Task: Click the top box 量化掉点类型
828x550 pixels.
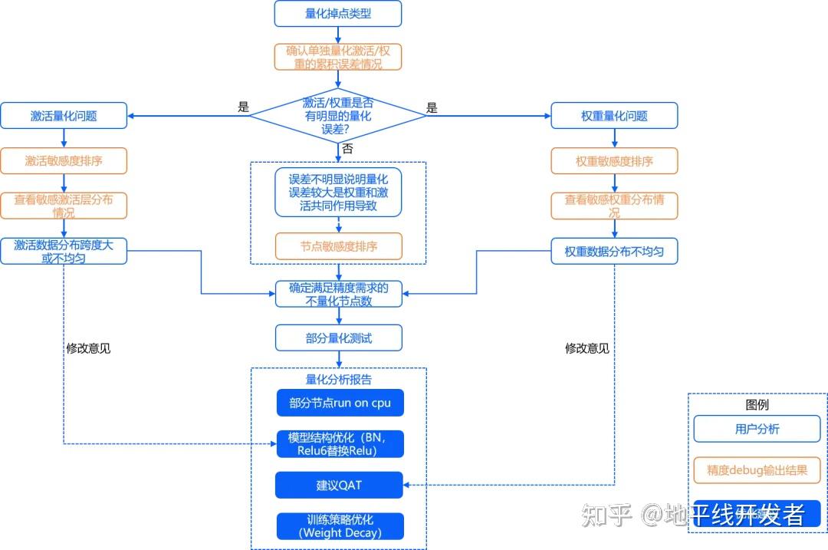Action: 338,13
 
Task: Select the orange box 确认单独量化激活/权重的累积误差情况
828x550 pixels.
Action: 338,57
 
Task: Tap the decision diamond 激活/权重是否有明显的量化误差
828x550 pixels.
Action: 338,115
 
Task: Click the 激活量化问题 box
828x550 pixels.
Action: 64,116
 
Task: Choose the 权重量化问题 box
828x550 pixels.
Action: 614,116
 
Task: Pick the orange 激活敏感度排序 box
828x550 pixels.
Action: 64,161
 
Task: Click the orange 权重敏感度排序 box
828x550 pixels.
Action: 614,161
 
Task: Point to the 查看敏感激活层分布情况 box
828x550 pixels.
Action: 64,206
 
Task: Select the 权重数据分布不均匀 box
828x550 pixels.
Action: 614,251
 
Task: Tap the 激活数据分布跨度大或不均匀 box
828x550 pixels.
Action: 64,251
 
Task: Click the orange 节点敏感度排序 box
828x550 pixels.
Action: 338,246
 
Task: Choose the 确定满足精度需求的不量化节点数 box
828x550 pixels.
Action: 338,294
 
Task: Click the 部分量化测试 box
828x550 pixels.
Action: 338,338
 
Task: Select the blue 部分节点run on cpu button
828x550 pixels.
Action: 340,403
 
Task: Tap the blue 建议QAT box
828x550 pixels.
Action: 340,485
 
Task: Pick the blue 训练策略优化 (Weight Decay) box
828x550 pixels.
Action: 340,526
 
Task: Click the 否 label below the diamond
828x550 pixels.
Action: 347,148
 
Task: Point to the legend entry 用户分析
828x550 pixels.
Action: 757,429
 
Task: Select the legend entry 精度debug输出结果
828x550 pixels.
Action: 757,470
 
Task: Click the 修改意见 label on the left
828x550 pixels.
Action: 88,347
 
